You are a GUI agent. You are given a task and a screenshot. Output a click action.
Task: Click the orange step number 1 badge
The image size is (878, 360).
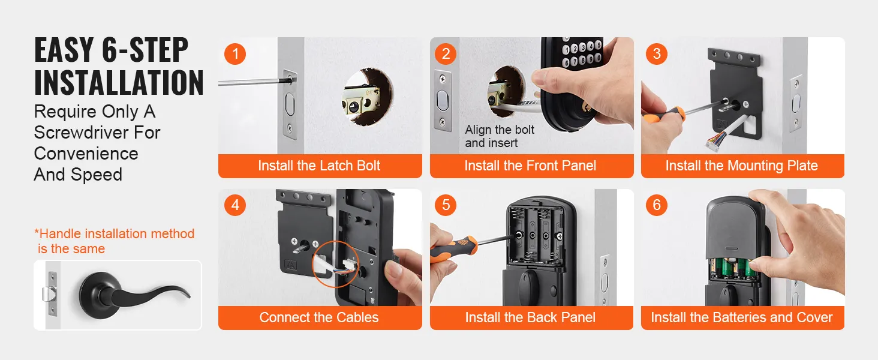(x=235, y=54)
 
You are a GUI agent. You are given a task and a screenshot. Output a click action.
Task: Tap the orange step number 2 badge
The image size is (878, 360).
(x=446, y=54)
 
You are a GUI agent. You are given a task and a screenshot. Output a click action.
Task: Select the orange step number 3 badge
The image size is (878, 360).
(x=657, y=54)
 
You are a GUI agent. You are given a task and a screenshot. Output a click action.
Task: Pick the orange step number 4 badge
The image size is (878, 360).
(x=235, y=205)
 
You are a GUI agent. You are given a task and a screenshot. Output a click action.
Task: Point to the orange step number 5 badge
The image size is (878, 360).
(x=446, y=205)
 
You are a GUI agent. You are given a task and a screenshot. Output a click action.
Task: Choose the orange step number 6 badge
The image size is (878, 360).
(x=657, y=205)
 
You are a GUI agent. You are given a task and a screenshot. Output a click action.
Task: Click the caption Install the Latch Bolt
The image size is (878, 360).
(x=319, y=166)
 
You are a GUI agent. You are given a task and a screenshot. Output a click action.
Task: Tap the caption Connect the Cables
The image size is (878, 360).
(x=319, y=317)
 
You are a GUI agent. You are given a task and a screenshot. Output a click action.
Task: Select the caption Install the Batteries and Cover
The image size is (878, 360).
(x=742, y=317)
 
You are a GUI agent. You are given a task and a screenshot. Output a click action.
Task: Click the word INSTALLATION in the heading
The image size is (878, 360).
(x=119, y=83)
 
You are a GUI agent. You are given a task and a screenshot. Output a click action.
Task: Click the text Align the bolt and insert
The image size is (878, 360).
(x=500, y=136)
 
